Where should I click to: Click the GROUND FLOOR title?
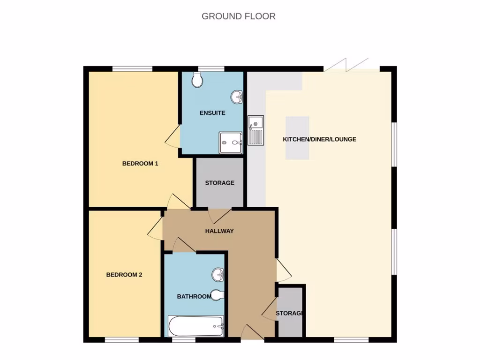(x=238, y=16)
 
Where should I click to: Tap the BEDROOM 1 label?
(x=140, y=164)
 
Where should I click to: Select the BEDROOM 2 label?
(x=124, y=275)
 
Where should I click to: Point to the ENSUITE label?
(x=212, y=113)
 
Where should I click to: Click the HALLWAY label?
(x=219, y=231)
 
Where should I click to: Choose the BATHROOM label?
(x=194, y=297)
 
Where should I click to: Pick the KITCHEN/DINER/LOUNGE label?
(x=319, y=139)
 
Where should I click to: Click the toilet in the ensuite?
(x=198, y=80)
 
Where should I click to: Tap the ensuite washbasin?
(x=237, y=97)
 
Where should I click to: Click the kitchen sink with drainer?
(x=256, y=130)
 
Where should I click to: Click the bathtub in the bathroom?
(x=196, y=326)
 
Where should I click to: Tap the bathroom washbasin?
(x=218, y=275)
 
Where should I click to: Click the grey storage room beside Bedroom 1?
(x=219, y=183)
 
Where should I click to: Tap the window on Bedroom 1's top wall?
(x=132, y=69)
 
